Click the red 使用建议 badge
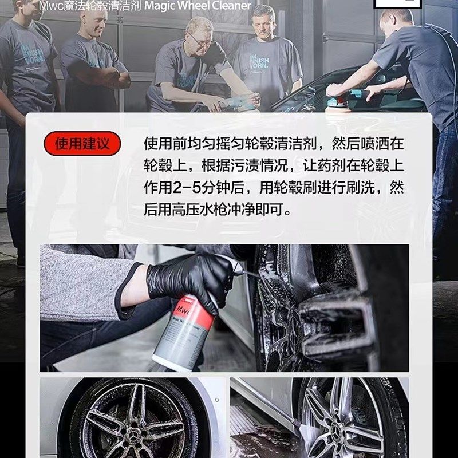(x=82, y=143)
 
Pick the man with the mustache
(x=267, y=57)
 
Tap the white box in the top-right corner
(x=395, y=5)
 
